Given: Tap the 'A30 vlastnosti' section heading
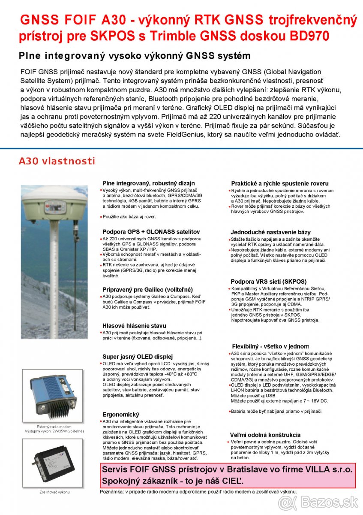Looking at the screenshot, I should point(57,161).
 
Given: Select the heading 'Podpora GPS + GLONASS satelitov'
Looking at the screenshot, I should point(151,232).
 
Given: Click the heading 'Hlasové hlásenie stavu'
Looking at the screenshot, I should point(134,326).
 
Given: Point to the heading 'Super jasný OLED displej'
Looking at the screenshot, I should point(137,357).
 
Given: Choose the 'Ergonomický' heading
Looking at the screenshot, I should point(121,415).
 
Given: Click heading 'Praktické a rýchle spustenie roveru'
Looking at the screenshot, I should point(280,183).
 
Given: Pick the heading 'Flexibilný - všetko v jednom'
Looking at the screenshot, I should point(270,346).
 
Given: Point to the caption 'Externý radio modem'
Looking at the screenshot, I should point(54,427).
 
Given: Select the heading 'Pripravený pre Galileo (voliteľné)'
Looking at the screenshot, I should point(147,290).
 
